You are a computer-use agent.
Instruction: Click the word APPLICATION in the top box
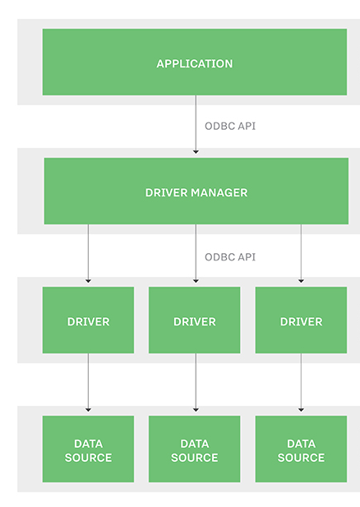click(x=195, y=64)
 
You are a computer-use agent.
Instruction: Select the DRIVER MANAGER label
click(x=196, y=193)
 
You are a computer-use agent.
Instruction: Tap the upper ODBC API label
click(x=230, y=126)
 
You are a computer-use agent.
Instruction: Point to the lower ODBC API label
click(x=230, y=257)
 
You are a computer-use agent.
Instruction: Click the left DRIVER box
click(x=88, y=320)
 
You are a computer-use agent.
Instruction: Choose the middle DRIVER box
click(x=195, y=320)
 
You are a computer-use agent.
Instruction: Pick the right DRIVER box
click(x=301, y=320)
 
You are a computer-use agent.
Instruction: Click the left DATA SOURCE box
click(x=88, y=449)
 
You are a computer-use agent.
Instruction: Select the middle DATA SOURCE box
click(x=195, y=449)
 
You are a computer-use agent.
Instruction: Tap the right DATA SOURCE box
click(x=301, y=449)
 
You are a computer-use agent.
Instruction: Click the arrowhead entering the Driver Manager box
click(x=196, y=152)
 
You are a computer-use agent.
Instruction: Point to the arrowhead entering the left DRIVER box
click(x=88, y=281)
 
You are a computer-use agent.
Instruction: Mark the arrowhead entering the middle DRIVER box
click(x=196, y=281)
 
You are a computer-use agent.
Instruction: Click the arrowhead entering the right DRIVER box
click(x=301, y=281)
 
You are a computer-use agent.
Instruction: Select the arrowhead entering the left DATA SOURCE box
click(x=88, y=410)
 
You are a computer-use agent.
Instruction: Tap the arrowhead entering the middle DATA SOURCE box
click(x=196, y=410)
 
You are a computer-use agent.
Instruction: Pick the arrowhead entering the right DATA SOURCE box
click(x=301, y=410)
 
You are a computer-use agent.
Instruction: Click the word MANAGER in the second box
click(x=219, y=193)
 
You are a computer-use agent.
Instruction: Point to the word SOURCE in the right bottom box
click(x=301, y=458)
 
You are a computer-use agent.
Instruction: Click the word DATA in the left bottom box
click(x=88, y=444)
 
